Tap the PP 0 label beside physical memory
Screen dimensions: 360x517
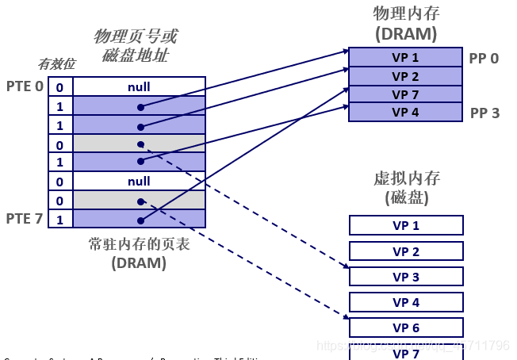[x=484, y=58]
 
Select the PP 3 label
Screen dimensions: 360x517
[x=484, y=113]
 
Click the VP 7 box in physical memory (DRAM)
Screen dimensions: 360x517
[x=405, y=94]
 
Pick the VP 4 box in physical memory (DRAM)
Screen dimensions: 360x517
[x=405, y=113]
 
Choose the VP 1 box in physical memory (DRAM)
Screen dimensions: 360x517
[x=405, y=57]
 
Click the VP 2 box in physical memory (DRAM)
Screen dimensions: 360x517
[x=405, y=76]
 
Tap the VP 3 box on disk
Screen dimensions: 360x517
[x=406, y=277]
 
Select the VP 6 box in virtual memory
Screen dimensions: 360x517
[x=406, y=327]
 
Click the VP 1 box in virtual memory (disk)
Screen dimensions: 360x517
[x=406, y=225]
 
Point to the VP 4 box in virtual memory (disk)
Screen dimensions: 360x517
[x=406, y=302]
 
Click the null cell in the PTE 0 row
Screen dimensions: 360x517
[x=139, y=86]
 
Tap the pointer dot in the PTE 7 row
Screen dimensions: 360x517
[x=140, y=220]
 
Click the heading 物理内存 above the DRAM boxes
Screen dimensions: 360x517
[x=405, y=13]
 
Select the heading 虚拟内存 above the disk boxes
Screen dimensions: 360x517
[x=406, y=178]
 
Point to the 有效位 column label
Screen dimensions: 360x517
[x=56, y=65]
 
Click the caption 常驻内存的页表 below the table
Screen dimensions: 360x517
[x=139, y=244]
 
